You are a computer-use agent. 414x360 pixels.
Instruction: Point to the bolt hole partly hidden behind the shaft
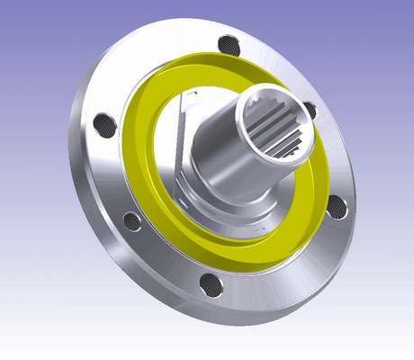click(310, 110)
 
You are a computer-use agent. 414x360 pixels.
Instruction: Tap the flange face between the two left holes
click(106, 171)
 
